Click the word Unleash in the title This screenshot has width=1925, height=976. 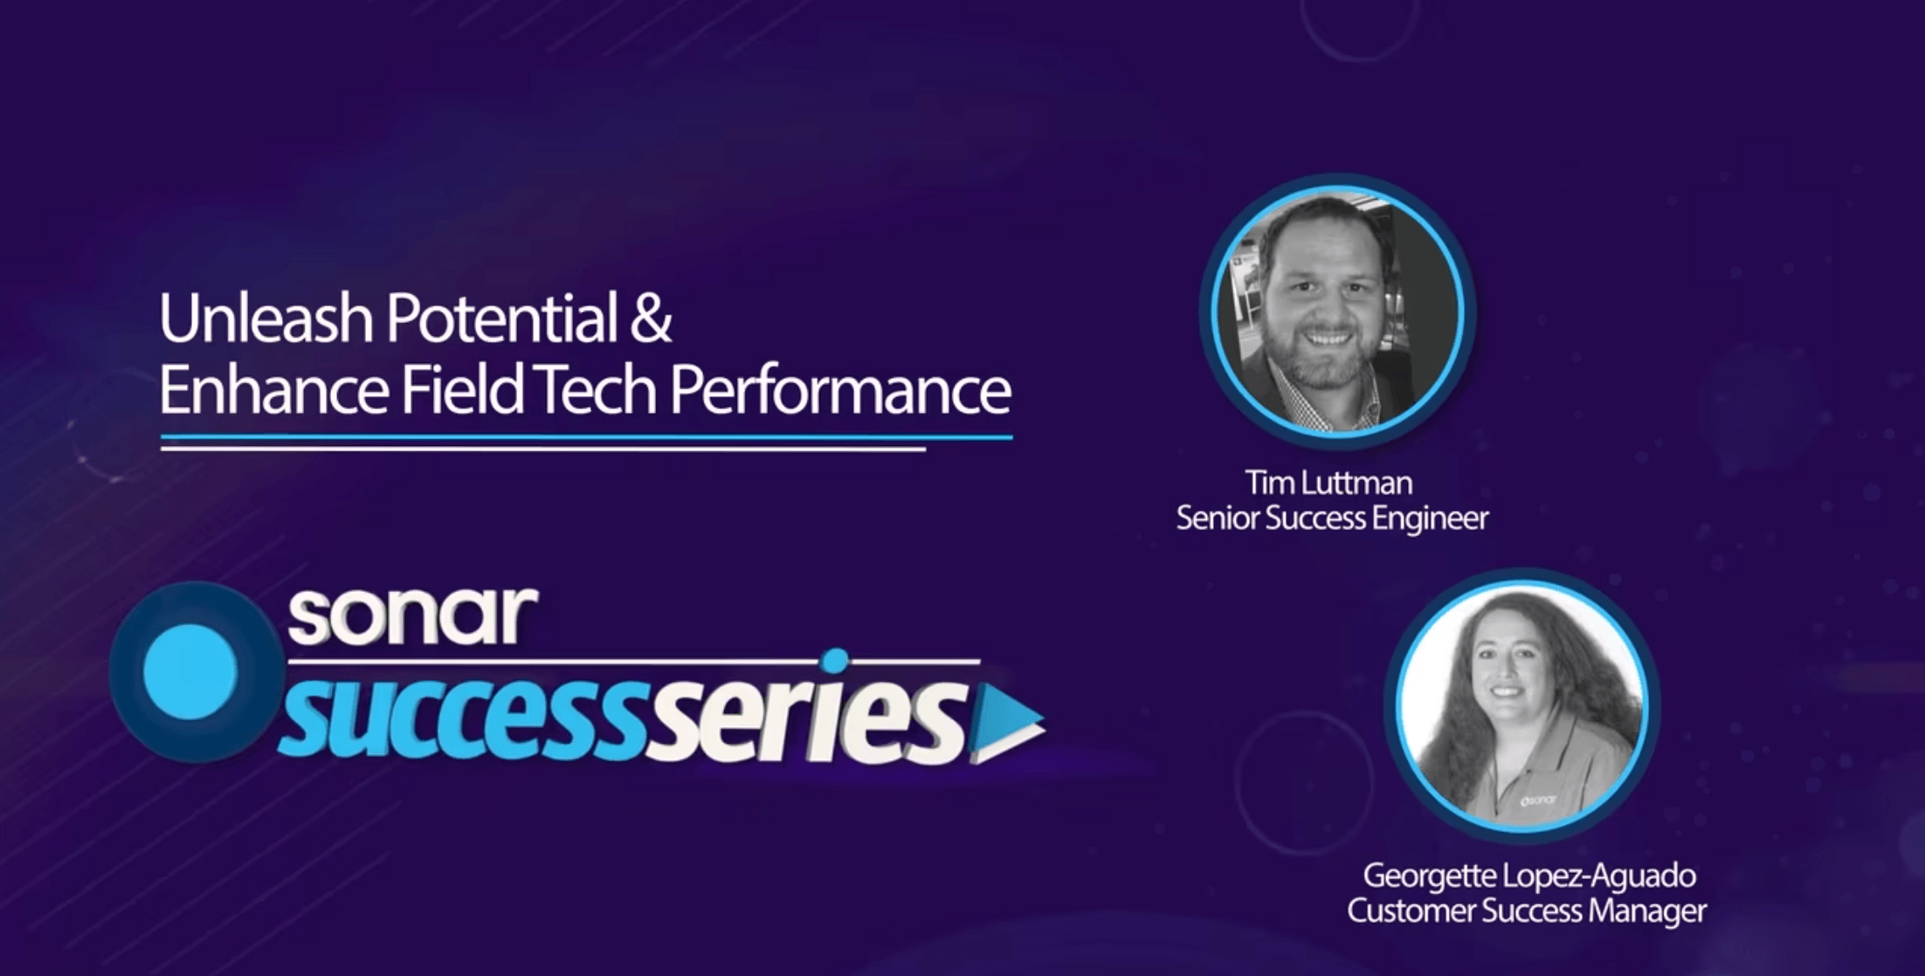pos(267,319)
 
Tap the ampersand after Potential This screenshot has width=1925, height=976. pos(650,319)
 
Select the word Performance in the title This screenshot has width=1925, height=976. pos(840,390)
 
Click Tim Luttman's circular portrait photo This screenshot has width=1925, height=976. pos(1336,311)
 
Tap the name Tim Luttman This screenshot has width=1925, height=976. pos(1328,483)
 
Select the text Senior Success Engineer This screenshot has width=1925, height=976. pos(1332,519)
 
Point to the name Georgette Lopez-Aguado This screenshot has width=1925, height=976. pos(1529,875)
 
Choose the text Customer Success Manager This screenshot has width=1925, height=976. pos(1527,911)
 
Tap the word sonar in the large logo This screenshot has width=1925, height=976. pos(412,615)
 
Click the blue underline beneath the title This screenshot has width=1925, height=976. pos(586,436)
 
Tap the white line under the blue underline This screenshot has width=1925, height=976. pos(542,450)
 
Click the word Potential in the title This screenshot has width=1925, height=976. pos(501,319)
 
